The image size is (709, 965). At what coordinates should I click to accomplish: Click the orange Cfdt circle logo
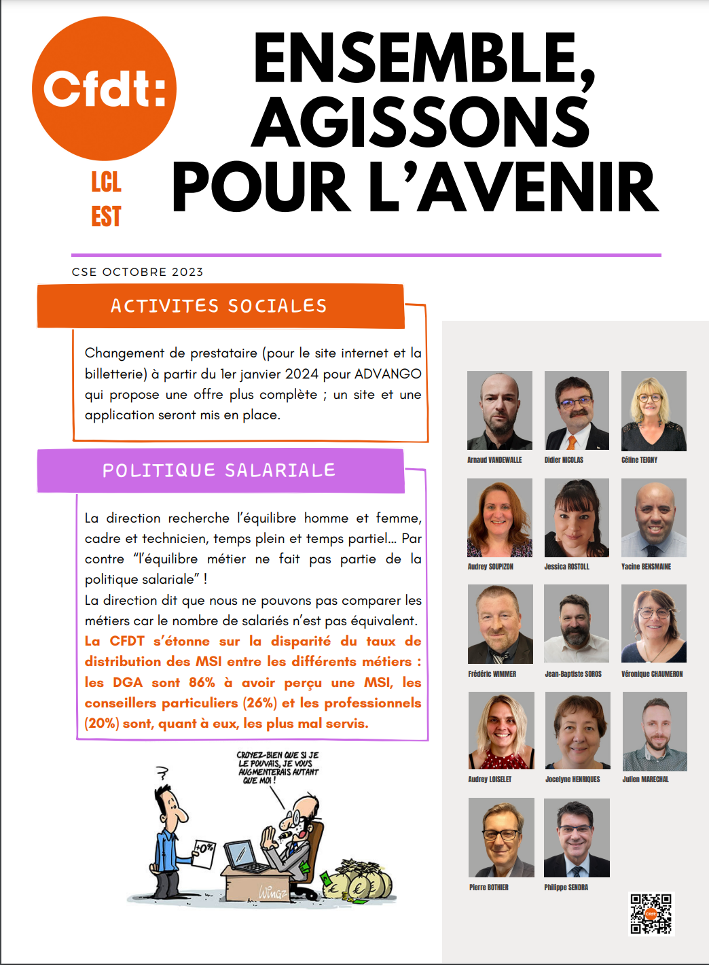pos(104,89)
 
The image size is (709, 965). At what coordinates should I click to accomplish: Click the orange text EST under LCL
pos(106,217)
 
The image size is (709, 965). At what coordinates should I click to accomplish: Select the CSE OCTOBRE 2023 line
pos(137,272)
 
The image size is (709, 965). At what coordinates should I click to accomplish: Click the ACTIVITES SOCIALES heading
pos(219,306)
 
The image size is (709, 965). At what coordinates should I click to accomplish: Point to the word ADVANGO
pos(388,374)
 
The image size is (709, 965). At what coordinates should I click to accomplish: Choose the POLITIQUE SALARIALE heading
pos(219,470)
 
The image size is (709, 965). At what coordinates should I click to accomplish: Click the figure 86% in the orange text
pos(202,682)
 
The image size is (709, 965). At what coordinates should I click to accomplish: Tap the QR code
pos(651,913)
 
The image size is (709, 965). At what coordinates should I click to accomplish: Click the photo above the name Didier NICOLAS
pos(577,410)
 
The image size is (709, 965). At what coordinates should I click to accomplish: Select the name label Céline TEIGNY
pos(639,460)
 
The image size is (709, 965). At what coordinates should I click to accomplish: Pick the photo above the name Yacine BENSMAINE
pos(653,518)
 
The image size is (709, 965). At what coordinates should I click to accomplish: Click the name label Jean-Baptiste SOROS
pos(573,674)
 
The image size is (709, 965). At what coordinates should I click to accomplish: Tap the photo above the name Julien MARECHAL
pos(655,731)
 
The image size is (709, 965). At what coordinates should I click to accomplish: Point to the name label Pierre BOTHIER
pos(488,888)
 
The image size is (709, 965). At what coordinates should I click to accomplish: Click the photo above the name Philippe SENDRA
pos(577,838)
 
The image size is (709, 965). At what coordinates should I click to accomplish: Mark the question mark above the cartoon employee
pos(162,773)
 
